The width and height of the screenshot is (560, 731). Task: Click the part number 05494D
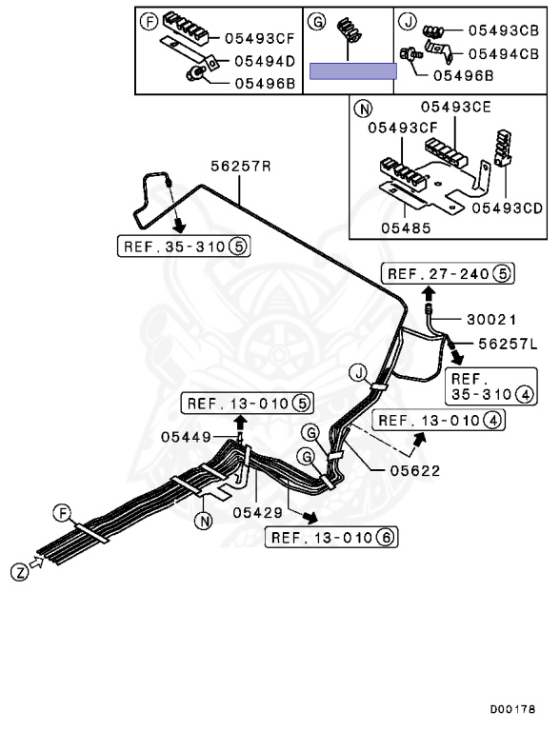265,61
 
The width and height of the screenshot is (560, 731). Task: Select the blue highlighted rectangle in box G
353,71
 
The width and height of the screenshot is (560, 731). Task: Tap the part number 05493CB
504,30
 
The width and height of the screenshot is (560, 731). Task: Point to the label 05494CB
504,53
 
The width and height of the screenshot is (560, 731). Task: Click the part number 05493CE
456,107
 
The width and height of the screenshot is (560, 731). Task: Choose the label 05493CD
508,207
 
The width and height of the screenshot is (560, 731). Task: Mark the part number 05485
406,228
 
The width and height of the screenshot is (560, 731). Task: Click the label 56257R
241,166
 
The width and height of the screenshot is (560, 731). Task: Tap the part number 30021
491,320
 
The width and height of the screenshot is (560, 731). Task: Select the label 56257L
508,344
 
